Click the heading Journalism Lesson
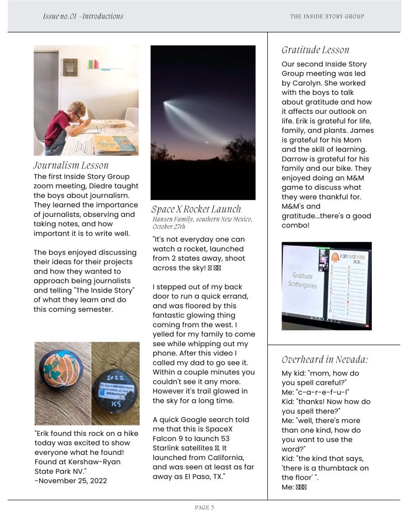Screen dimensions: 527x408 (x=71, y=165)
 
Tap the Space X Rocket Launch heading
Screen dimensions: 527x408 (x=196, y=209)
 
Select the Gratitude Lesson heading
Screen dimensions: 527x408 (x=315, y=50)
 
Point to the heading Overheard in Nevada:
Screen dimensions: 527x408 (x=325, y=360)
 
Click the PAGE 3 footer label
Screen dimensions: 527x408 (x=204, y=507)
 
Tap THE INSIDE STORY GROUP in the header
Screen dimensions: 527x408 (x=327, y=16)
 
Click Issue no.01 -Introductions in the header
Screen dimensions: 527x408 (x=83, y=16)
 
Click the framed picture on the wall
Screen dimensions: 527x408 (x=70, y=66)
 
